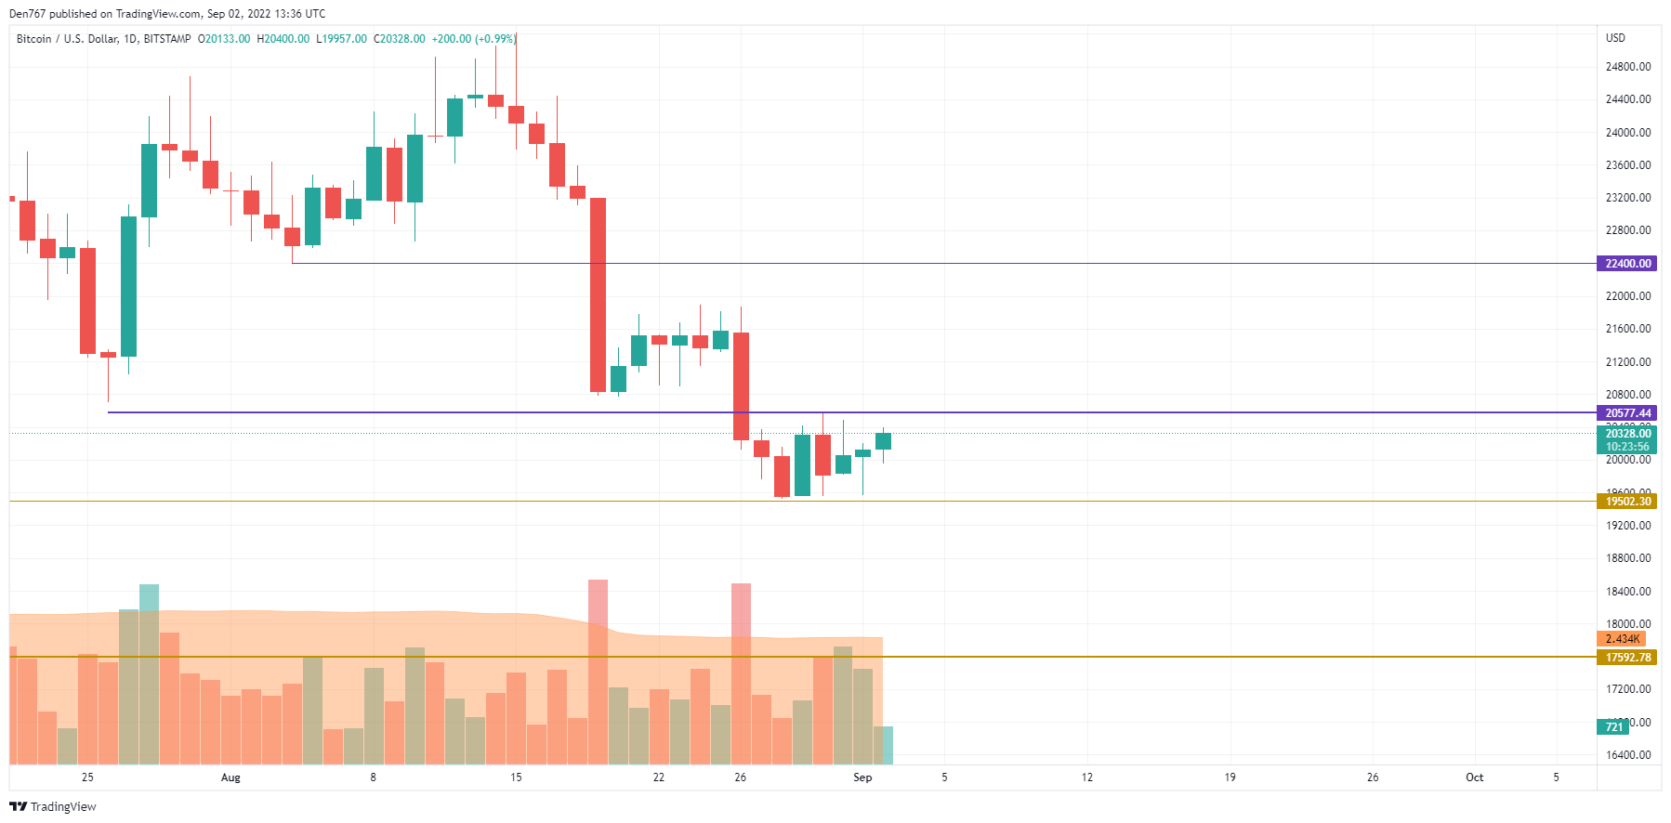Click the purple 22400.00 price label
click(1627, 264)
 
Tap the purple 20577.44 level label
click(1627, 413)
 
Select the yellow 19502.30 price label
click(1627, 502)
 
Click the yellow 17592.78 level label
click(1627, 658)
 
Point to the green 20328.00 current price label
click(1627, 434)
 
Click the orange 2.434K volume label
click(1622, 639)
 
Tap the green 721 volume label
click(1613, 727)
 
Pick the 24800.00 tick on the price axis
click(1627, 67)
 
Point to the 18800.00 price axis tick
click(1627, 558)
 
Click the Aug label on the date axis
click(230, 777)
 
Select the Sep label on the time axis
click(862, 777)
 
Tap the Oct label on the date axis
click(1474, 777)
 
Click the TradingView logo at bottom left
click(53, 806)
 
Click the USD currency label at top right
click(1615, 38)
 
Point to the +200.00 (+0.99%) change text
click(474, 39)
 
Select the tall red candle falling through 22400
click(598, 294)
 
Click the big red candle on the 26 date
click(741, 385)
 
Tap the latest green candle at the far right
click(883, 440)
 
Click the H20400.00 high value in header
click(283, 39)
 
